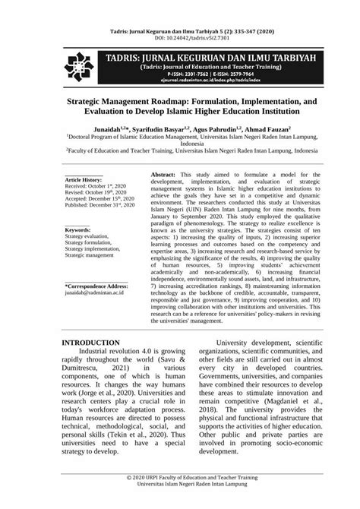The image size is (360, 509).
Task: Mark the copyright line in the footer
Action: click(x=179, y=495)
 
